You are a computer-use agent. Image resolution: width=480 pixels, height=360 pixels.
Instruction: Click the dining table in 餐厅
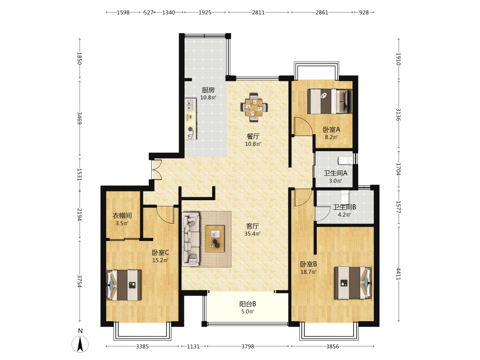tap(254, 108)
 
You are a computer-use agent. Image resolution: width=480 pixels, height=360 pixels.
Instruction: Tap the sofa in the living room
tap(191, 239)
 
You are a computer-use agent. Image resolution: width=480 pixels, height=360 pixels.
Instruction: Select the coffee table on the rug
tap(215, 239)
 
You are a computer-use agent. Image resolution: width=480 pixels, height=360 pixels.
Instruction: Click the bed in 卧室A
tap(330, 101)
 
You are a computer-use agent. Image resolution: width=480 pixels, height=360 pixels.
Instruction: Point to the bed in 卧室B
tap(353, 283)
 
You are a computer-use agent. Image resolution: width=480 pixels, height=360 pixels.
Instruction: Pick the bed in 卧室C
tap(124, 285)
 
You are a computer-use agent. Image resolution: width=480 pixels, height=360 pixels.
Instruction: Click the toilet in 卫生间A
tap(345, 160)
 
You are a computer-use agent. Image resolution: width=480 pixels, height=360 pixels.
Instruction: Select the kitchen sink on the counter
tap(191, 105)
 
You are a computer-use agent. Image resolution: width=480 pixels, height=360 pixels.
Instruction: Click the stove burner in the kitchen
tap(191, 130)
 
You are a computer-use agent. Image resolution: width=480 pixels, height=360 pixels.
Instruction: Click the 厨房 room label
tap(208, 90)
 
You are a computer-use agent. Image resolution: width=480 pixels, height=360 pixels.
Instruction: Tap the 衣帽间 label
tap(122, 216)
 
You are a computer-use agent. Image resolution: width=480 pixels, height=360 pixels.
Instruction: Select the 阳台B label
tap(248, 304)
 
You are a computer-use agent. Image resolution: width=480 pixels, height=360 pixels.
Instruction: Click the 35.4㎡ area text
tap(252, 234)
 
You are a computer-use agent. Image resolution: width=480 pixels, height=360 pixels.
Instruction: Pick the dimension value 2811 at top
tap(258, 12)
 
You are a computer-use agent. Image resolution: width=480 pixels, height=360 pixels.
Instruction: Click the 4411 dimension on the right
tap(398, 274)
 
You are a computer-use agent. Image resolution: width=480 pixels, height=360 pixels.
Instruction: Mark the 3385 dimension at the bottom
tap(143, 347)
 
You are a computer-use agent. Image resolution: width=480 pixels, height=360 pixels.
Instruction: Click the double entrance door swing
tap(156, 169)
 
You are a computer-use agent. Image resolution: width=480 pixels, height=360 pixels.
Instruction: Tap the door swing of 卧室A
tap(303, 125)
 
